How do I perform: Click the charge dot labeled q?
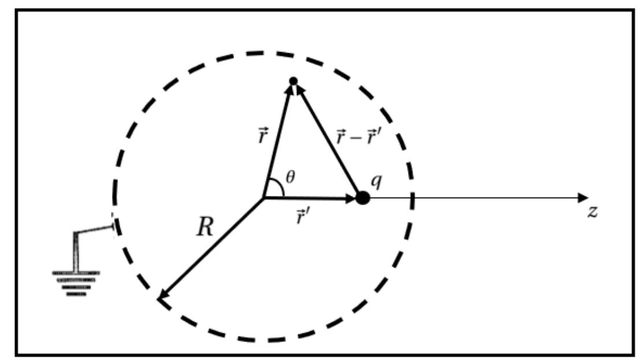362,198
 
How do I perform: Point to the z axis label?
592,211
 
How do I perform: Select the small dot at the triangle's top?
293,81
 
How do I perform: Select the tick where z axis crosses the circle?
413,198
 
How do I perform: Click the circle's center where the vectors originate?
264,198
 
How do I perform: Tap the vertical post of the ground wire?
75,251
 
